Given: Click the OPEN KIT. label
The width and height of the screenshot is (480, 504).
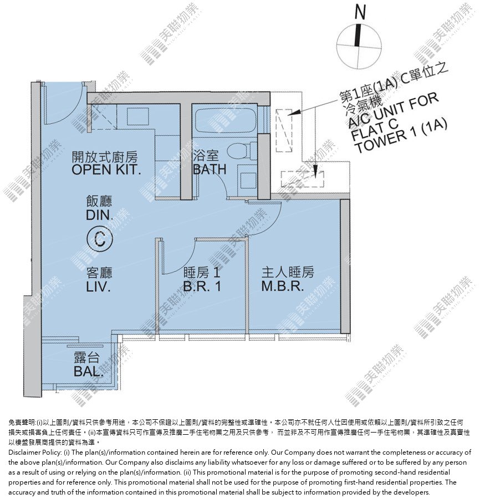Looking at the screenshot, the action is click(x=106, y=169).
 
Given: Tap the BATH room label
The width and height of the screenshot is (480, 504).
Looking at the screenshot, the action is click(x=210, y=169).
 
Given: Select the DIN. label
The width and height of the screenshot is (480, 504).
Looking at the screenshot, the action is click(x=99, y=215).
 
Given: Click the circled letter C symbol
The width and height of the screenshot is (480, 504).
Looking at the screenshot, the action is click(x=100, y=239).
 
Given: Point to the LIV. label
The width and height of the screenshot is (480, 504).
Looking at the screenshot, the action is click(x=99, y=287).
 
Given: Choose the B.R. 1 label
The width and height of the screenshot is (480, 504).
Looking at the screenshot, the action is click(x=202, y=286).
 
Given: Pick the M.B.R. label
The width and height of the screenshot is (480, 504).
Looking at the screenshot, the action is click(x=283, y=286).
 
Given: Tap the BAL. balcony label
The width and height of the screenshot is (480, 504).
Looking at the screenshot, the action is click(x=89, y=372).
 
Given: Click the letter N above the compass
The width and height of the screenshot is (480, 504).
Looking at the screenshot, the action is click(x=360, y=12).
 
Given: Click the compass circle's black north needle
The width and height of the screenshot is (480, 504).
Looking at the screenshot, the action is click(x=358, y=35).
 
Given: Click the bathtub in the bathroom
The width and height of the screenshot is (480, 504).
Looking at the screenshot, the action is click(x=226, y=121).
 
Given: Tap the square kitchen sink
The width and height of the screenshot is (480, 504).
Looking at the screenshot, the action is click(x=138, y=116).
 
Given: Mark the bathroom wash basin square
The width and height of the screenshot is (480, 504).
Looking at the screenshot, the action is click(x=249, y=181).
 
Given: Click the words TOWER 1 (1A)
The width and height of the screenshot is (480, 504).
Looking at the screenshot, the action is click(x=401, y=136).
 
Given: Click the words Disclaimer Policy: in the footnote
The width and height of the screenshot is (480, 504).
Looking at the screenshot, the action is click(x=35, y=452).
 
